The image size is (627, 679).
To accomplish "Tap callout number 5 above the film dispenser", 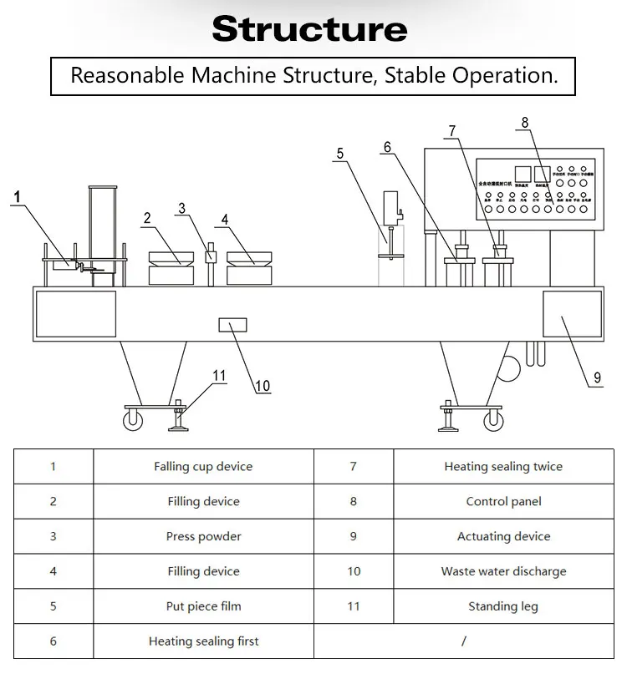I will tap(340, 154).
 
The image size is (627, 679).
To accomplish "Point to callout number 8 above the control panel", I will tap(525, 123).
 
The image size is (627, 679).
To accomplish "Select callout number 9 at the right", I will tap(597, 378).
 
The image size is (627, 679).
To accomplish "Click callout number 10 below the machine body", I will tap(263, 386).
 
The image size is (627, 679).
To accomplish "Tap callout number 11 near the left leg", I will tap(219, 375).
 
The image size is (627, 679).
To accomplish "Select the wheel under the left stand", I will tap(132, 423).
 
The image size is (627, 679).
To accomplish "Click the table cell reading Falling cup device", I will tap(203, 467).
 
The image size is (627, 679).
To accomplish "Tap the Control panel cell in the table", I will tap(503, 502).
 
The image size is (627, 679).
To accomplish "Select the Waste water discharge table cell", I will tap(503, 572).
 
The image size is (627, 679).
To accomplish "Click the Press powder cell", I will tap(203, 537).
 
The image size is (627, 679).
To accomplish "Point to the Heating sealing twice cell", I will tap(503, 467).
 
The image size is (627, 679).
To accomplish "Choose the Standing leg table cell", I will tap(503, 607).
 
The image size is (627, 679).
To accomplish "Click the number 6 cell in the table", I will tap(53, 642).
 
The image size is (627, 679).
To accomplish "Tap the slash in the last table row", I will tap(463, 642).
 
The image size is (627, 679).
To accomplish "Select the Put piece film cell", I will tap(203, 607).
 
